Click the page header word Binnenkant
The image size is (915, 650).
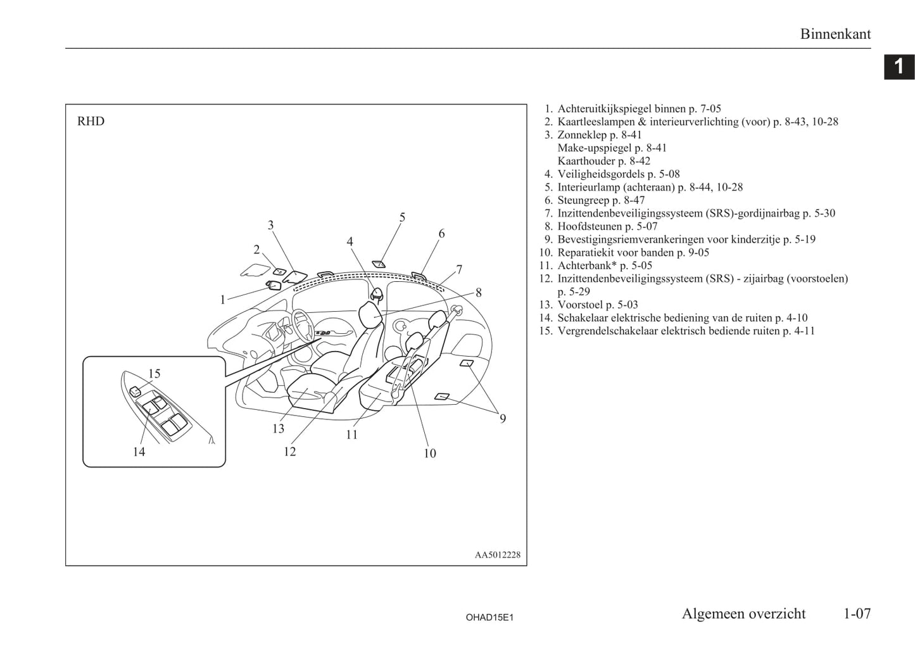[835, 34]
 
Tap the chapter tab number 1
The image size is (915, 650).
[899, 67]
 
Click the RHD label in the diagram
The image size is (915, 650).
[91, 121]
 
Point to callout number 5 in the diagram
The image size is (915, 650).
[402, 217]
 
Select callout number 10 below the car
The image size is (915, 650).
[429, 453]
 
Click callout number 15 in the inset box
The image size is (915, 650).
[155, 374]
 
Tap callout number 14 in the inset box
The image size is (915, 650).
[139, 452]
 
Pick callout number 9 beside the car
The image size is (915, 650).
[502, 419]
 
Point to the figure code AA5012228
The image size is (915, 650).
[498, 555]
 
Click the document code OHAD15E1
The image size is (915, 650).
[489, 617]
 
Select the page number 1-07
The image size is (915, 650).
[857, 613]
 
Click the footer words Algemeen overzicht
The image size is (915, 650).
[743, 613]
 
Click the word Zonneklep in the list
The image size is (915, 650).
[582, 135]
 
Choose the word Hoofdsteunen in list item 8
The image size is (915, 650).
[590, 226]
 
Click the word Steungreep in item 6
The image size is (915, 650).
[583, 200]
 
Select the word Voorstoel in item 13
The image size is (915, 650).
[580, 305]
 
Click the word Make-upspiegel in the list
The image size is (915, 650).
[595, 148]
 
